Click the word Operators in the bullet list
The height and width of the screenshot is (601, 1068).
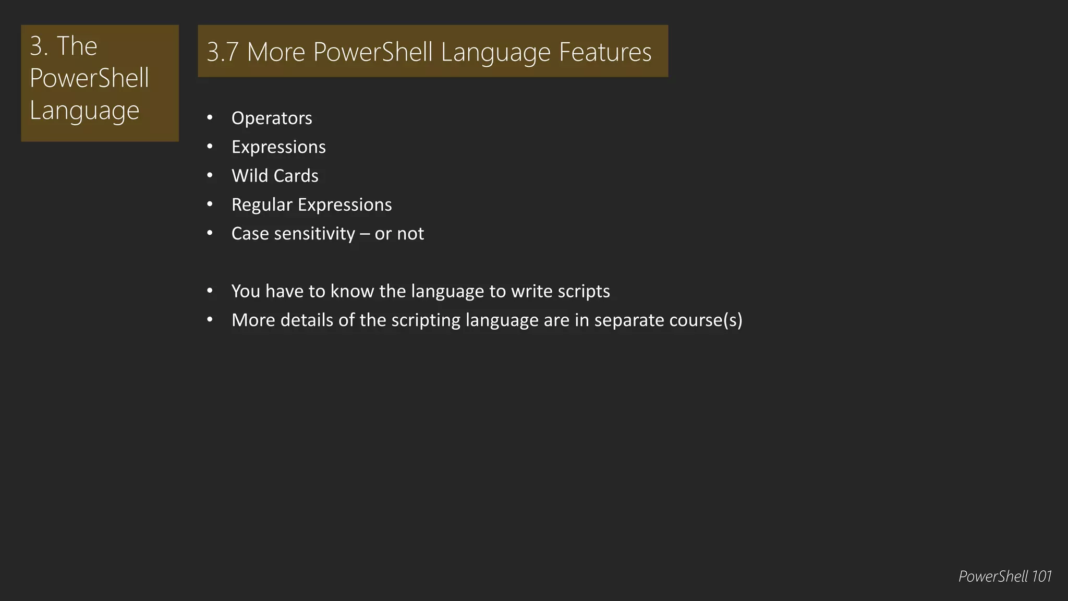272,118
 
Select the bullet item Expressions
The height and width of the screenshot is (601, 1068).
278,147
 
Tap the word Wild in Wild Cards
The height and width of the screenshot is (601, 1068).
248,176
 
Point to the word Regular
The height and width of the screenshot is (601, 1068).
262,205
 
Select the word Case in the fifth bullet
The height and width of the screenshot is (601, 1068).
250,234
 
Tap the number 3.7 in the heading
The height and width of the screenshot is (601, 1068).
223,52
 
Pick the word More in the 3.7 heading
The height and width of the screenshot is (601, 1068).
276,52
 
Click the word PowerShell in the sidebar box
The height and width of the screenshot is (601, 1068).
89,78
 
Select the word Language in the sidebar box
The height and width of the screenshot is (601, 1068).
84,111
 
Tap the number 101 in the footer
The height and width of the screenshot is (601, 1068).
1041,576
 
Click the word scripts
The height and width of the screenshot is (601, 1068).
584,291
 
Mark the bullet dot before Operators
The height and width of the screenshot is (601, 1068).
210,118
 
